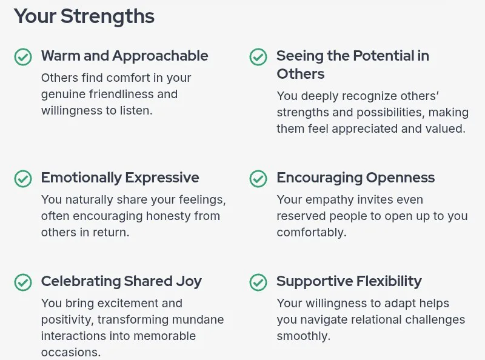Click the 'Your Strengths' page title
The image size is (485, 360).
[x=84, y=16]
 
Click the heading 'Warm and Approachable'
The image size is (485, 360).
[x=125, y=56]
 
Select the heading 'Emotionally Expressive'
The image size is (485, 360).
[x=120, y=178]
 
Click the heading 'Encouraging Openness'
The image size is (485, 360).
[x=356, y=178]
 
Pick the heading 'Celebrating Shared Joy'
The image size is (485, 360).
[x=121, y=281]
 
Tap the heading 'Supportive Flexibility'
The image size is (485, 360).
[x=349, y=281]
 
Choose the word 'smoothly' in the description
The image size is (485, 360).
[x=304, y=336]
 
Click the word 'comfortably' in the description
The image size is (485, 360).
[x=312, y=233]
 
